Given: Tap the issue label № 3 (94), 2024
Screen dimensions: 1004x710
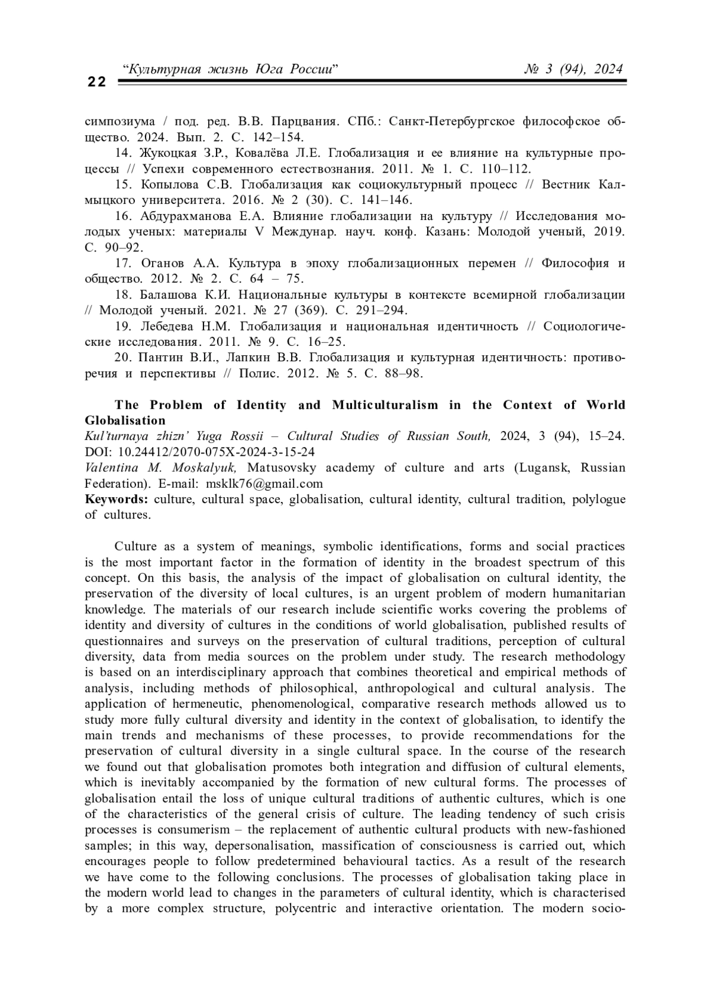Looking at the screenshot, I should (573, 69).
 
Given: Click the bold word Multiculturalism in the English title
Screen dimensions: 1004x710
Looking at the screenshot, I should (385, 405).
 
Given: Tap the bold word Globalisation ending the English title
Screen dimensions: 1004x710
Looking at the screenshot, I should (125, 420).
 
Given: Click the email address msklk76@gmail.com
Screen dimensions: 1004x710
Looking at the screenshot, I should (264, 483).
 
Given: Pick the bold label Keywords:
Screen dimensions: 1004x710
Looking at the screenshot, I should (117, 499).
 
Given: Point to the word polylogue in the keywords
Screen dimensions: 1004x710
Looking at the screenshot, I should (599, 499).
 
